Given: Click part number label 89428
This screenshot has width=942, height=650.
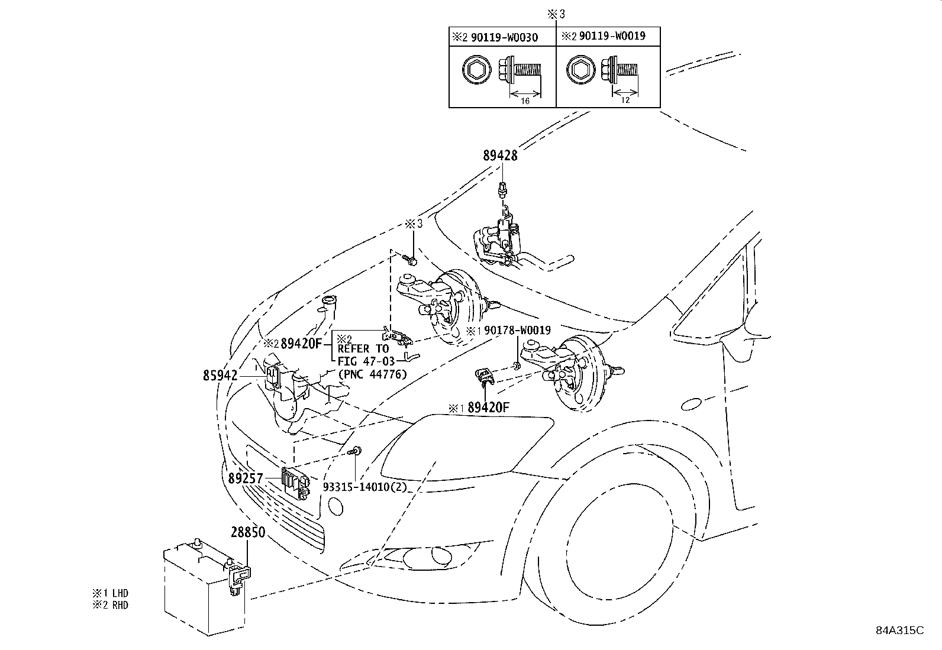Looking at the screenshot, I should tap(500, 156).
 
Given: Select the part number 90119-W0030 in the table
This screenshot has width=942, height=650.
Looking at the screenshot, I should tap(504, 38).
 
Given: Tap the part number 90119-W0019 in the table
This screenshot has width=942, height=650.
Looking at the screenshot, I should tap(612, 36).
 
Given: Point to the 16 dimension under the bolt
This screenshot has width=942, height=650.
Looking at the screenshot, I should tap(525, 101).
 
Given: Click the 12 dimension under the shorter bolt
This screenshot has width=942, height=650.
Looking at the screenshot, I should tap(625, 100).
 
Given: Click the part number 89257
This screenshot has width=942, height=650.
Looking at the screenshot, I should tap(245, 478).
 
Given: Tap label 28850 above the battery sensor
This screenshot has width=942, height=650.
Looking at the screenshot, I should tap(247, 532).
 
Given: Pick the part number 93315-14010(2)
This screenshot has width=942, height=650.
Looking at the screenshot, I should tap(365, 487).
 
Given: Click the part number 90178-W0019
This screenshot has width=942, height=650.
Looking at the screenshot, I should tap(517, 331).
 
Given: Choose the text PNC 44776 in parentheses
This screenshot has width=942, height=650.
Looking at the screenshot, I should tap(372, 373).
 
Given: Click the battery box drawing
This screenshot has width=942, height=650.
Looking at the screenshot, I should tap(195, 591).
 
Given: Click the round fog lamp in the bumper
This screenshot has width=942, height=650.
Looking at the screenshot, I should tap(440, 555).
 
